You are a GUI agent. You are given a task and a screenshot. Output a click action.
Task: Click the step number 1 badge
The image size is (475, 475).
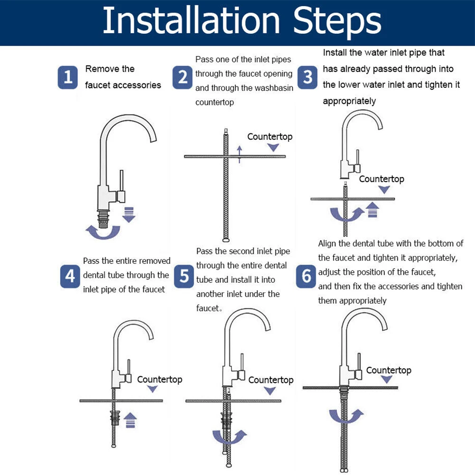(x=67, y=77)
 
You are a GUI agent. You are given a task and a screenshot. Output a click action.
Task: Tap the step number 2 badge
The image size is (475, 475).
(x=182, y=77)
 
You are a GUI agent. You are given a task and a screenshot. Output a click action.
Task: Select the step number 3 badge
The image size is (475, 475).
(x=307, y=77)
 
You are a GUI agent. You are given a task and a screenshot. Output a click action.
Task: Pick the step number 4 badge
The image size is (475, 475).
(x=70, y=276)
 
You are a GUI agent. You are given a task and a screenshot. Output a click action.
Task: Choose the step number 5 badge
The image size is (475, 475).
(x=184, y=276)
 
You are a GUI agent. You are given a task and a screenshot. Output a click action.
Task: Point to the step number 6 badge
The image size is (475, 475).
(x=306, y=276)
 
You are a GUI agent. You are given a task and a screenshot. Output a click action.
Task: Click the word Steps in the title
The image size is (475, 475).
(x=337, y=21)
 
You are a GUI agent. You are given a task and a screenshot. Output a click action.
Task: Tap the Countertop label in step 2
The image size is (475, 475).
(x=270, y=137)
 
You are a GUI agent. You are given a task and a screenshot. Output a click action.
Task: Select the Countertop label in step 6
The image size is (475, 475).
(x=389, y=370)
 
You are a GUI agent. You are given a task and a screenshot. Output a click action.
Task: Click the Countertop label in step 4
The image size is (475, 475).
(x=159, y=380)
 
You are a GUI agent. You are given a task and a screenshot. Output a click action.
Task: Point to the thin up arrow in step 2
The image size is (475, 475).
(x=240, y=155)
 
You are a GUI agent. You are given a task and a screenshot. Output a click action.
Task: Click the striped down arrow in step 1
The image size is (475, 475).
(x=129, y=215)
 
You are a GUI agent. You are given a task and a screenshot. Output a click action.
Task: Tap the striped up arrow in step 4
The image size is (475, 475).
(x=130, y=420)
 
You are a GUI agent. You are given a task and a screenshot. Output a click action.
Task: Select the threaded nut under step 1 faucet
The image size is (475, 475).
(x=103, y=219)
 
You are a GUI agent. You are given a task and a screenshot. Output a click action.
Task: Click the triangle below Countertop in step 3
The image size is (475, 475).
(x=384, y=190)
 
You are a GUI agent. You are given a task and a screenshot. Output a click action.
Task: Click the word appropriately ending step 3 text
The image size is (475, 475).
(x=349, y=101)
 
